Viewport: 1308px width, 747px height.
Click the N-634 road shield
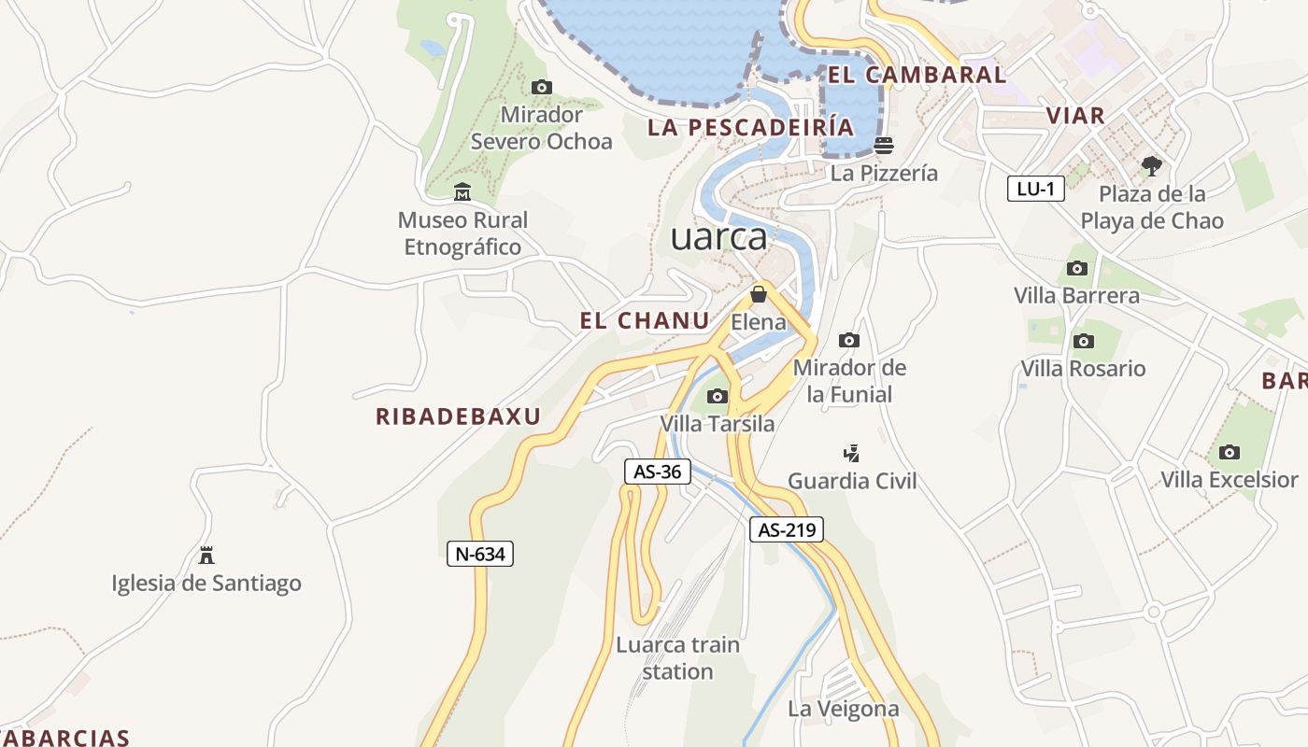click(480, 554)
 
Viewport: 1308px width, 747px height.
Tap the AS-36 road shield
click(658, 472)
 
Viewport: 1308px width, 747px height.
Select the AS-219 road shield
click(787, 530)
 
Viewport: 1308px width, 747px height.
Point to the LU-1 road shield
click(1036, 189)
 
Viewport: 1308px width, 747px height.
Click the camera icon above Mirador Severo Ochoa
click(541, 88)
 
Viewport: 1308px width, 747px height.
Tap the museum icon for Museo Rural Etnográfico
click(462, 192)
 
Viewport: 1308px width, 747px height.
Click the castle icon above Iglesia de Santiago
click(206, 556)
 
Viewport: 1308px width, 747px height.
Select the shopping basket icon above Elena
click(759, 294)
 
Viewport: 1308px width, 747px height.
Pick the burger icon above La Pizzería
click(884, 145)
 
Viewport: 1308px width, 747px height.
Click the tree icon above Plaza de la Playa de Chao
click(1152, 166)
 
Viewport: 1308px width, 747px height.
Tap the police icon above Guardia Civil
click(851, 454)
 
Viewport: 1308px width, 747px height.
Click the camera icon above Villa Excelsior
click(1230, 452)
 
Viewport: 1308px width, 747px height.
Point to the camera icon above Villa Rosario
click(1084, 341)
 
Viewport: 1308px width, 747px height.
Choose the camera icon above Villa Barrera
click(1077, 268)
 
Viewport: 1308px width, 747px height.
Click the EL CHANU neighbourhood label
click(645, 321)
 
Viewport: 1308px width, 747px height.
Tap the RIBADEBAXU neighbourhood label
click(458, 416)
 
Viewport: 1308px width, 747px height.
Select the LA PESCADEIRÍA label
click(750, 128)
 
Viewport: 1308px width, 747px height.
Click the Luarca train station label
click(677, 658)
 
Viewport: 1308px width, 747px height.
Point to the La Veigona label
click(843, 709)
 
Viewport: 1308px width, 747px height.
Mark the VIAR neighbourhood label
click(1075, 116)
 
